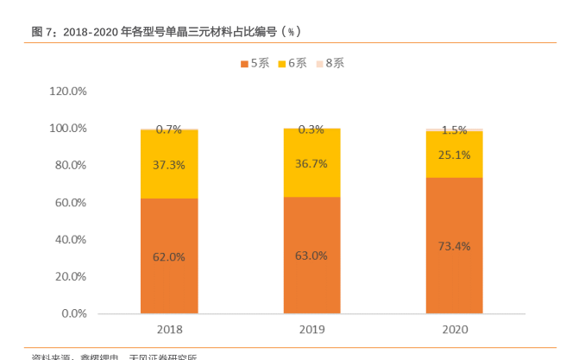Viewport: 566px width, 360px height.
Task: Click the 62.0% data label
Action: pos(169,256)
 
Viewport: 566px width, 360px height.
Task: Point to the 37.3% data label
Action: pos(169,164)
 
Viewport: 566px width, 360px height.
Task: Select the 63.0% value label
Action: pos(311,256)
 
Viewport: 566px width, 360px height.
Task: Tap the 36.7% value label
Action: pos(311,163)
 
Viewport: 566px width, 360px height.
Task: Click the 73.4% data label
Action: pos(454,246)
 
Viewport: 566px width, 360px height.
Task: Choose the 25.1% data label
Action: pos(454,155)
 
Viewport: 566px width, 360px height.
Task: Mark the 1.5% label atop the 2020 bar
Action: pos(454,130)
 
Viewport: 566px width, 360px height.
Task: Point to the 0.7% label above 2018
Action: pos(169,129)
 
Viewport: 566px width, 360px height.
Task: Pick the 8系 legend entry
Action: pos(330,63)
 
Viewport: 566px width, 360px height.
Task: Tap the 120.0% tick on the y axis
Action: pos(68,91)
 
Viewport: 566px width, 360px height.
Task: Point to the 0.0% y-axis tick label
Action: pos(74,313)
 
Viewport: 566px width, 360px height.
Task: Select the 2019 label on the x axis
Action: pos(311,330)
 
